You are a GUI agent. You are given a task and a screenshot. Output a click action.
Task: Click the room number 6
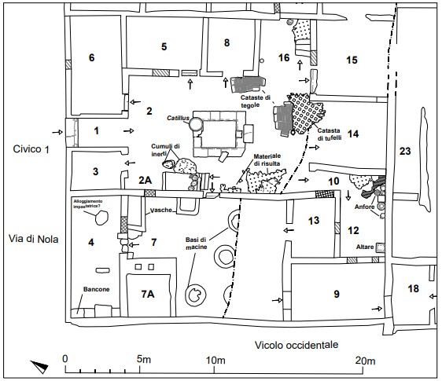(x=91, y=58)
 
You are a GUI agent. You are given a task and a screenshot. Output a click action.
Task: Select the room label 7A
(x=147, y=294)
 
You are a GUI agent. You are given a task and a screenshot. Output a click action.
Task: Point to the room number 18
(x=414, y=290)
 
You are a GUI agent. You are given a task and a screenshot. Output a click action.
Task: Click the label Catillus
(x=179, y=119)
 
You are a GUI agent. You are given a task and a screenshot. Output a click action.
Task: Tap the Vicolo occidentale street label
(x=297, y=345)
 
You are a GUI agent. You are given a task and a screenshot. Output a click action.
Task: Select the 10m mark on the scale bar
(x=215, y=360)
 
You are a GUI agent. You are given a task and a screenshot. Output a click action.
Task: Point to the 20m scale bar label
(x=364, y=360)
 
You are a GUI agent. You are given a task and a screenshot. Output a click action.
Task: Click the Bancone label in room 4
(x=96, y=290)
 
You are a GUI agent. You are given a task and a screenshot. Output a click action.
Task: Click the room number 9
(x=336, y=294)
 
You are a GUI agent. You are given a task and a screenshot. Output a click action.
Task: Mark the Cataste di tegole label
(x=256, y=100)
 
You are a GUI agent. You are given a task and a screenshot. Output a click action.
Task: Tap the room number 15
(x=352, y=60)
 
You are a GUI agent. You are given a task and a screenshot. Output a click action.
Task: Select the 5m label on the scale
(x=142, y=360)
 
